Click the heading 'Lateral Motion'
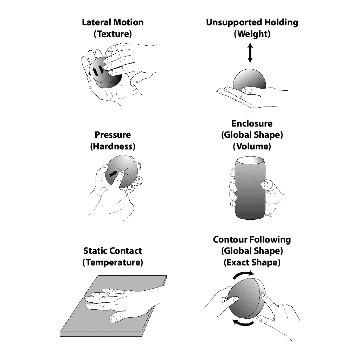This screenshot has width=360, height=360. pos(112,22)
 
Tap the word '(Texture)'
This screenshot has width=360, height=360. pos(112,34)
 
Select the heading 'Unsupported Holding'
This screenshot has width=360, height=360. pos(252,22)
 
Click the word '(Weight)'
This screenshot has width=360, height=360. pos(252,34)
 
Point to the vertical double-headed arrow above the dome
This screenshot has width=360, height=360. pos(250,53)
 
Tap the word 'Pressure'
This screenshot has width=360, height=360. pos(112,135)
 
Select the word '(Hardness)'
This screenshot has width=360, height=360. pos(112,146)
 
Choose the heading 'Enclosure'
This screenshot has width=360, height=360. pos(252,123)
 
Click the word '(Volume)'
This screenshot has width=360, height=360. pos(252,146)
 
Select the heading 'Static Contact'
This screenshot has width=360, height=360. pos(112,251)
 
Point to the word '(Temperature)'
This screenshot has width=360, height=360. pos(112,263)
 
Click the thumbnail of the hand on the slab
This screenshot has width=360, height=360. pos(114,319)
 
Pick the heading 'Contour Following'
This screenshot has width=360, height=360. pos(252,240)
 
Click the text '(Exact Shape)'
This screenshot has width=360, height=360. pos(252,263)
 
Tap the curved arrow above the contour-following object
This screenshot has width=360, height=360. pos(243,275)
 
